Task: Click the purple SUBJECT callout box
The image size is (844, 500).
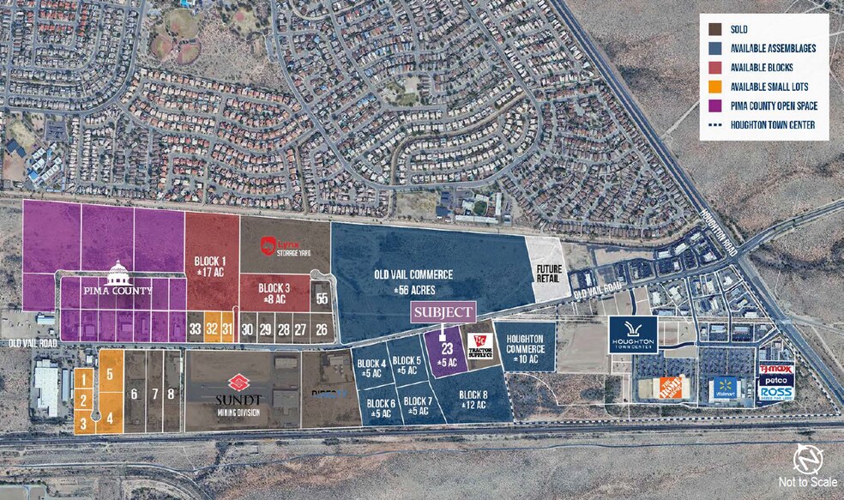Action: point(442,312)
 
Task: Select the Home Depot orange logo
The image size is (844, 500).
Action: point(672,388)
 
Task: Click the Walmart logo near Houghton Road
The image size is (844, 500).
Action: point(724,389)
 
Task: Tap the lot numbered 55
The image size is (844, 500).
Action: point(322,298)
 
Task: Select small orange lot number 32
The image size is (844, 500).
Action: point(210,328)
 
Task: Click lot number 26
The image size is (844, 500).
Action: point(322,328)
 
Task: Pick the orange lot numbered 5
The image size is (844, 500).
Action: point(110,374)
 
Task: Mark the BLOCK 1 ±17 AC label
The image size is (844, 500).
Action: point(211,262)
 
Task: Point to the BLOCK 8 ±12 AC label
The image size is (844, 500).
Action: point(473,399)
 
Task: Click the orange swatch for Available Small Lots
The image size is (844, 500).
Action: point(713,85)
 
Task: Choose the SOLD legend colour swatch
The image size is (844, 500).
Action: point(713,28)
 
